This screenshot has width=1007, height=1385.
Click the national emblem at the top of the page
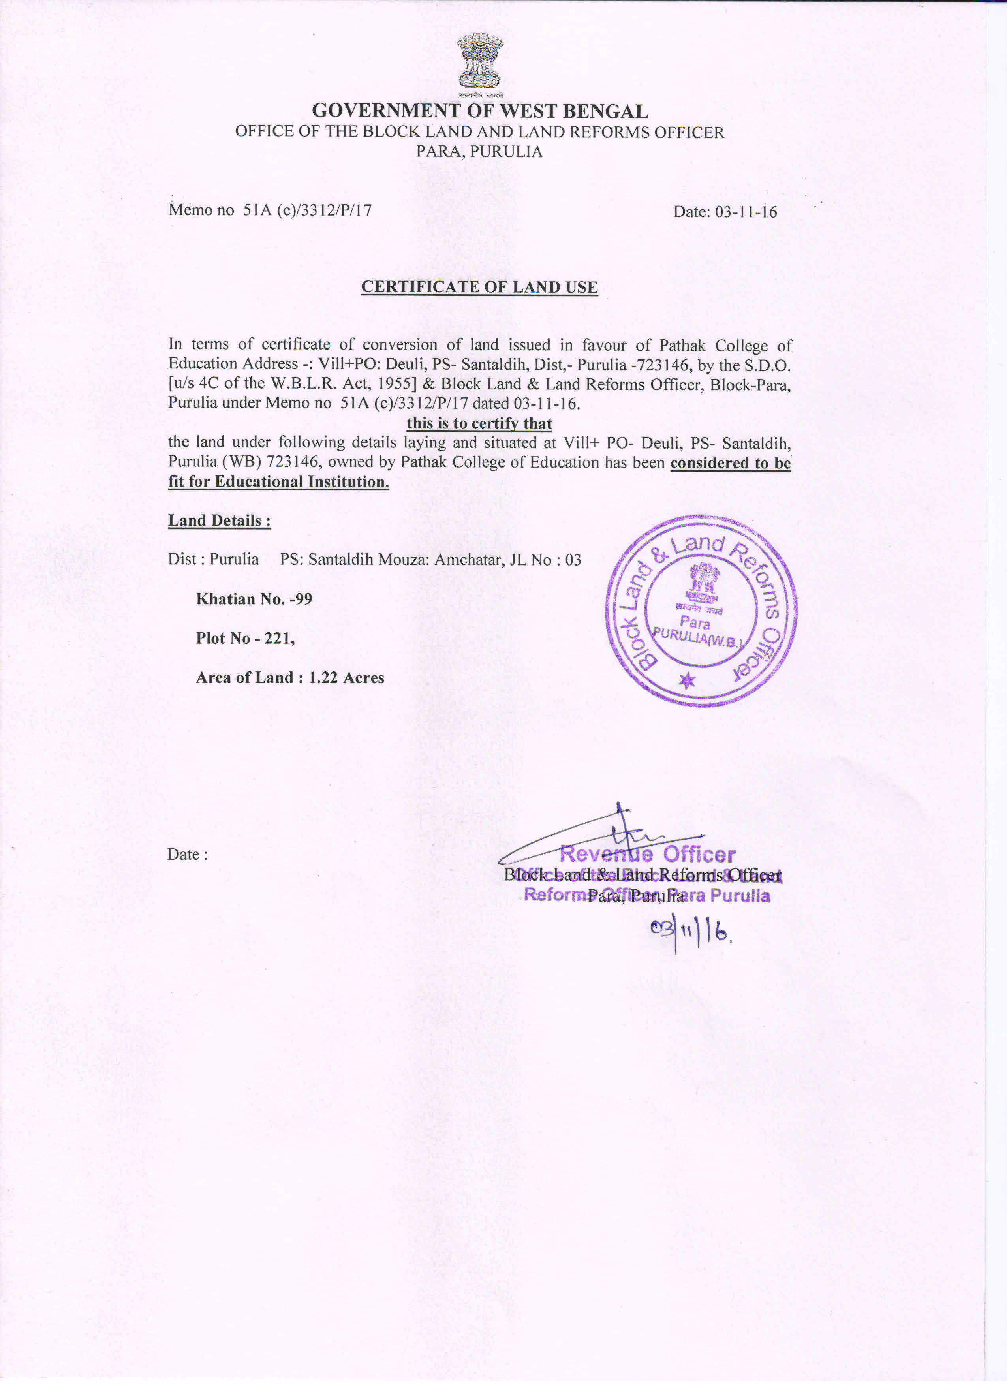coord(480,61)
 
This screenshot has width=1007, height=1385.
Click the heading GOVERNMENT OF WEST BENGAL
coord(480,111)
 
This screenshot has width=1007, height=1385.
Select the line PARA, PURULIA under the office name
coord(479,151)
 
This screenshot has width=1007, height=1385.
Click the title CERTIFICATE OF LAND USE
coord(479,287)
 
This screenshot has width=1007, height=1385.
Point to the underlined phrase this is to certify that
coord(479,423)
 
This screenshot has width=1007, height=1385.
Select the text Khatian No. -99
coord(254,598)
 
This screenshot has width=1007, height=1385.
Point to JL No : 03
coord(545,559)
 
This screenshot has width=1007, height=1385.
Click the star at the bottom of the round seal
coord(687,680)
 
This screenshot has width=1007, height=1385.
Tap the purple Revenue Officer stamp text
coord(647,854)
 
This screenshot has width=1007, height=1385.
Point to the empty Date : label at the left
coord(188,854)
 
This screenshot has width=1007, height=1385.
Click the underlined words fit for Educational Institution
coord(278,482)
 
